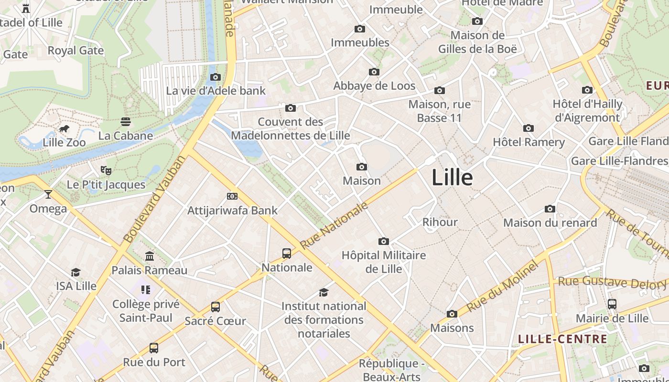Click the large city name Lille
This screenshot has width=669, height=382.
[452, 178]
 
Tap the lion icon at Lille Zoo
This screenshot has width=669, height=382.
[64, 129]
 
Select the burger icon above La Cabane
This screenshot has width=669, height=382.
[126, 122]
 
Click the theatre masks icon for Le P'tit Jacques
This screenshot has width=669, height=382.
[106, 170]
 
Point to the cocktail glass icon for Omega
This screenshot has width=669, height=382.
[48, 194]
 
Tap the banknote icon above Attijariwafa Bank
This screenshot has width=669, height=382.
[232, 196]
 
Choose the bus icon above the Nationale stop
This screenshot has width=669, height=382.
[287, 254]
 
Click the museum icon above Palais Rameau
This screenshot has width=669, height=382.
[150, 256]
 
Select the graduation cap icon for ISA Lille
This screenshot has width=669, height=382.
[76, 273]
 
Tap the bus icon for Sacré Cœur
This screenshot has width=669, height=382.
[216, 307]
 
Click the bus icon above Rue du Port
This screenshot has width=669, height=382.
[154, 348]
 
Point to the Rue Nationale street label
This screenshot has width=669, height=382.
[334, 225]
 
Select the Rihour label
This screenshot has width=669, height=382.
[440, 222]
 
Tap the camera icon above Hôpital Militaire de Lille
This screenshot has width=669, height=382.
[383, 242]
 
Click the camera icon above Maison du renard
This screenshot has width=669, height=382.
[550, 209]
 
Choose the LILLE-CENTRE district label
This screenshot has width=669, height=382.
[563, 340]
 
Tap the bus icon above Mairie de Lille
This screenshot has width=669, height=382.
[612, 304]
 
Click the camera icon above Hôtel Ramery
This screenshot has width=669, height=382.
[529, 128]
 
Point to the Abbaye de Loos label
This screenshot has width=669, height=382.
[374, 86]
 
